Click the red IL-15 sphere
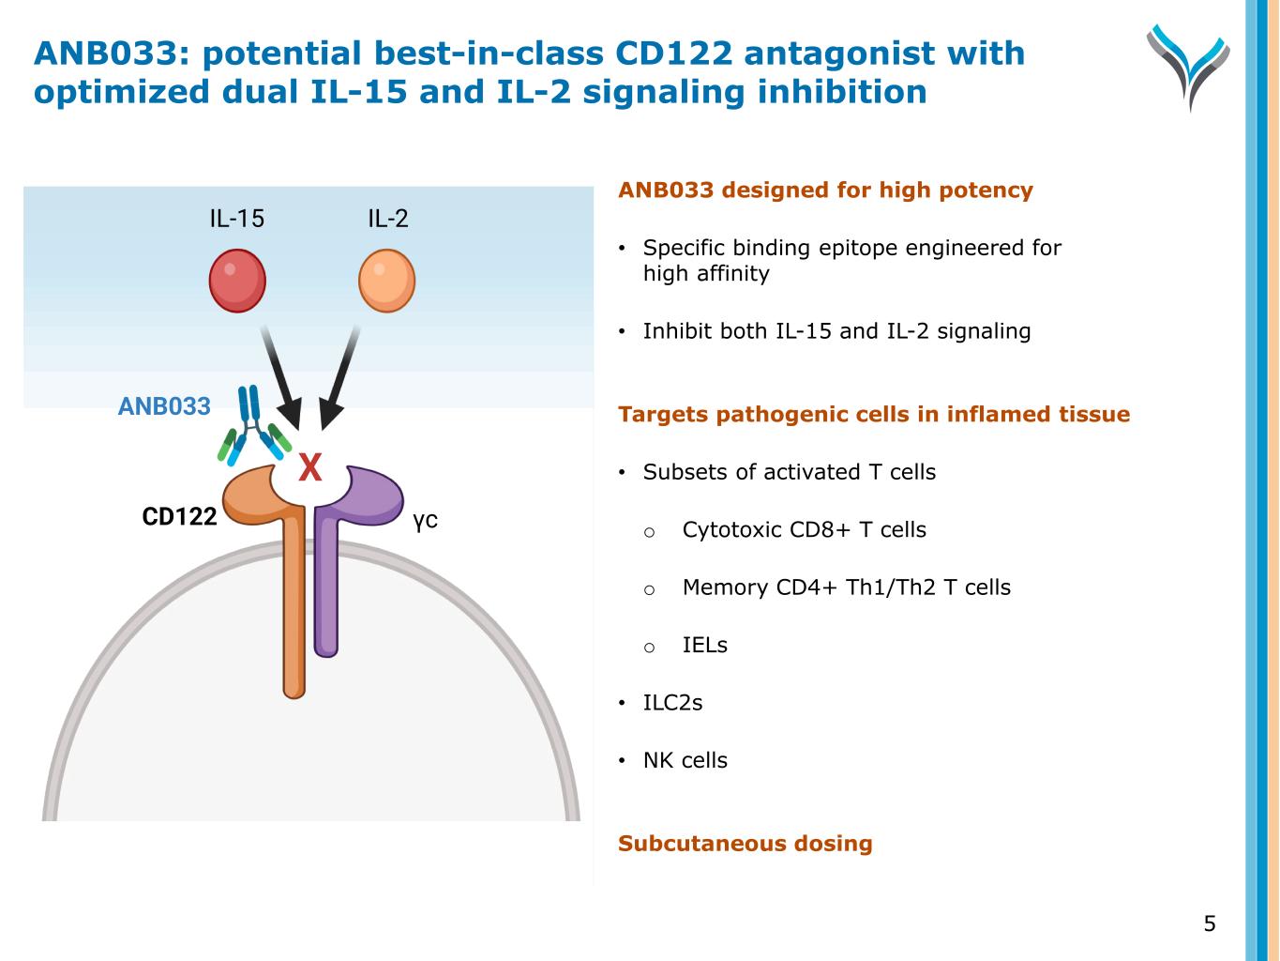pyautogui.click(x=237, y=281)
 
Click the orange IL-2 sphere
pyautogui.click(x=386, y=281)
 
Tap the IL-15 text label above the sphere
pyautogui.click(x=236, y=219)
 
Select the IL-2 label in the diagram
pyautogui.click(x=388, y=219)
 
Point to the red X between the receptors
pyautogui.click(x=310, y=467)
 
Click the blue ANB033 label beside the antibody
pyautogui.click(x=164, y=406)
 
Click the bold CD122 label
pyautogui.click(x=180, y=516)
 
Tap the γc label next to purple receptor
pyautogui.click(x=425, y=519)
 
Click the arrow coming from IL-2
pyautogui.click(x=340, y=378)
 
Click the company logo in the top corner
pyautogui.click(x=1188, y=67)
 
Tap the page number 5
pyautogui.click(x=1210, y=923)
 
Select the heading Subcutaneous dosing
pyautogui.click(x=745, y=844)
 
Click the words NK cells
pyautogui.click(x=685, y=760)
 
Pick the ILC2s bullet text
pyautogui.click(x=673, y=703)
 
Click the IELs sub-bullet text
pyautogui.click(x=705, y=645)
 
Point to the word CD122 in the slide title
pyautogui.click(x=673, y=53)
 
